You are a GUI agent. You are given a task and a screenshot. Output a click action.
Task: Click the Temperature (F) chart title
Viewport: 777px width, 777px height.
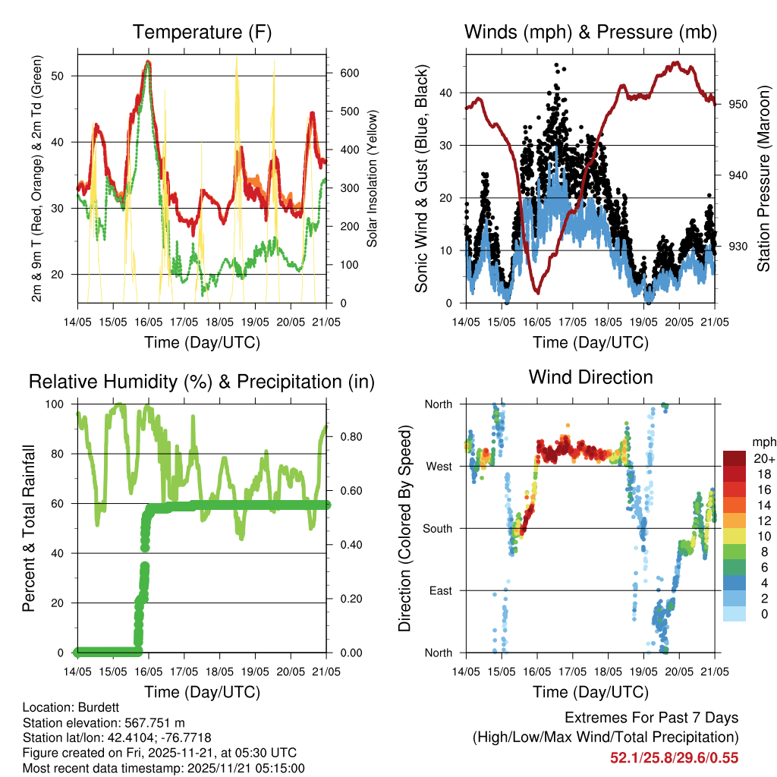tap(201, 33)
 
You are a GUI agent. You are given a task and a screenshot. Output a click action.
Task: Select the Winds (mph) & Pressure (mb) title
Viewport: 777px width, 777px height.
tap(590, 33)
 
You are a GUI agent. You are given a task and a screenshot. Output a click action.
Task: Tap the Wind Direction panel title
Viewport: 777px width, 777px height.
tap(590, 377)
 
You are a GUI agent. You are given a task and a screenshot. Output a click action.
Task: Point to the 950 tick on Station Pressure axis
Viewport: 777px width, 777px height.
tap(739, 104)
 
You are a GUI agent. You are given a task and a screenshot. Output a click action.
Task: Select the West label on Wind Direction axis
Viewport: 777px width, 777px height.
tap(439, 466)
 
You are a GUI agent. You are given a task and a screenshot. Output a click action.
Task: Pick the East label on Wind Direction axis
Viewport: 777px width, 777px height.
tap(439, 590)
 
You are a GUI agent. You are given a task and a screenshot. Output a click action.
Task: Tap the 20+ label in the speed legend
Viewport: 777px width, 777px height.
tap(763, 458)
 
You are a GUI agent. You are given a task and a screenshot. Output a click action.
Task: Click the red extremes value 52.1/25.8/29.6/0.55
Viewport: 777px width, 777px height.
tap(674, 757)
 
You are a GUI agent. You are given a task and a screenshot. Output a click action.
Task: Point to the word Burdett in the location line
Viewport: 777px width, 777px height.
tap(97, 706)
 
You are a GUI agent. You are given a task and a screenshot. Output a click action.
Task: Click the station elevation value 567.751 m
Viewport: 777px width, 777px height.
tap(149, 722)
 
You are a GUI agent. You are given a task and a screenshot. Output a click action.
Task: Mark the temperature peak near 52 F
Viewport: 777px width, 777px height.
tap(148, 62)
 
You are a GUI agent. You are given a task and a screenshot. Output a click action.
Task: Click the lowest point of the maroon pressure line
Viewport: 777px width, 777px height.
tap(537, 291)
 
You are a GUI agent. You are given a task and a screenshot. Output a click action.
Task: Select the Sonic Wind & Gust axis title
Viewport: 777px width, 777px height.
tap(420, 179)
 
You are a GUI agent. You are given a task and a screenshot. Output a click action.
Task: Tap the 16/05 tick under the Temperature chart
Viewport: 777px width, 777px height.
tap(148, 322)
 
